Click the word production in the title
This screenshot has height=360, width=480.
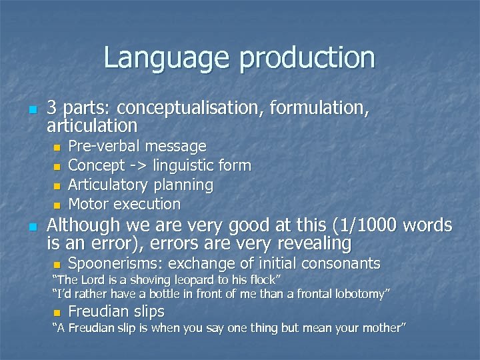point(307,59)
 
